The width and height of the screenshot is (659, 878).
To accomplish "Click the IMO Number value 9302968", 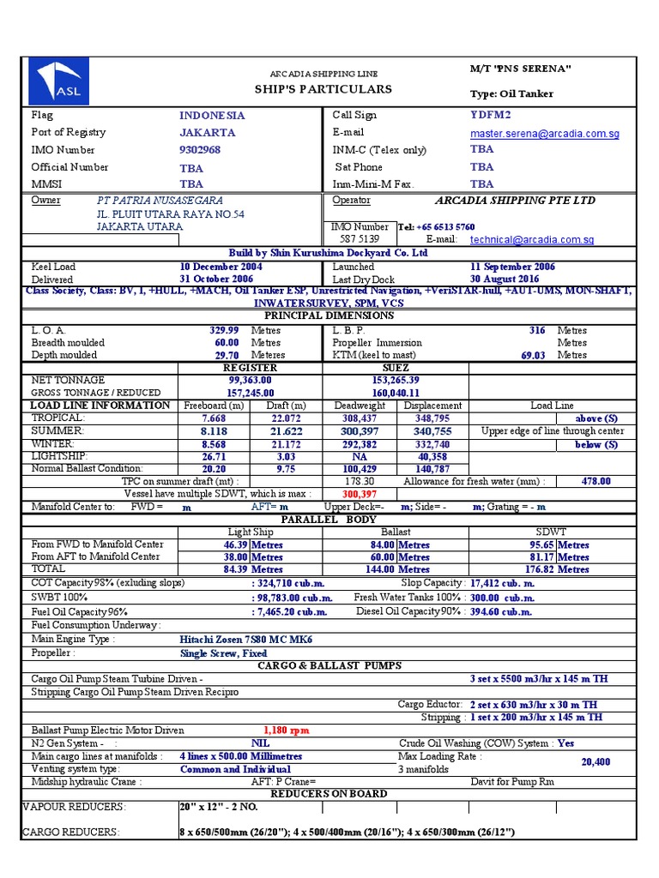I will click(200, 150).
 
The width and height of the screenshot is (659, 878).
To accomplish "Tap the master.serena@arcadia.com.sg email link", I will click(544, 134).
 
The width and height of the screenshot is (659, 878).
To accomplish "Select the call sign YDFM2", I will click(490, 115).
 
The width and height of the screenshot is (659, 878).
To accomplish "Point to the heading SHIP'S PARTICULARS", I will click(323, 89).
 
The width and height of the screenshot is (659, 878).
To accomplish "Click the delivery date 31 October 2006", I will click(216, 280).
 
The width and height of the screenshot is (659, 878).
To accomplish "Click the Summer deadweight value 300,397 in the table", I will click(360, 431).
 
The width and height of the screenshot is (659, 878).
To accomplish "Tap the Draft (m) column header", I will click(286, 406).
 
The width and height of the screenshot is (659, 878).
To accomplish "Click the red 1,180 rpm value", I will click(286, 731).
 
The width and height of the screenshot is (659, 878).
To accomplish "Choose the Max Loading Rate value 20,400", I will click(596, 762).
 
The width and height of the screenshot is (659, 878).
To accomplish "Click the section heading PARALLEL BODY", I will click(329, 520).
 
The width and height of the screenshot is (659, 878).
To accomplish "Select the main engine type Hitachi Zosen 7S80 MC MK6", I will click(246, 640).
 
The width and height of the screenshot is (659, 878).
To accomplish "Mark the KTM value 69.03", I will click(533, 355).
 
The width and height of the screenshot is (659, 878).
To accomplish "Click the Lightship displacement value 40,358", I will click(432, 457).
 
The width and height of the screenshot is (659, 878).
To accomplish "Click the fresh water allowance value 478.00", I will click(596, 482).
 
